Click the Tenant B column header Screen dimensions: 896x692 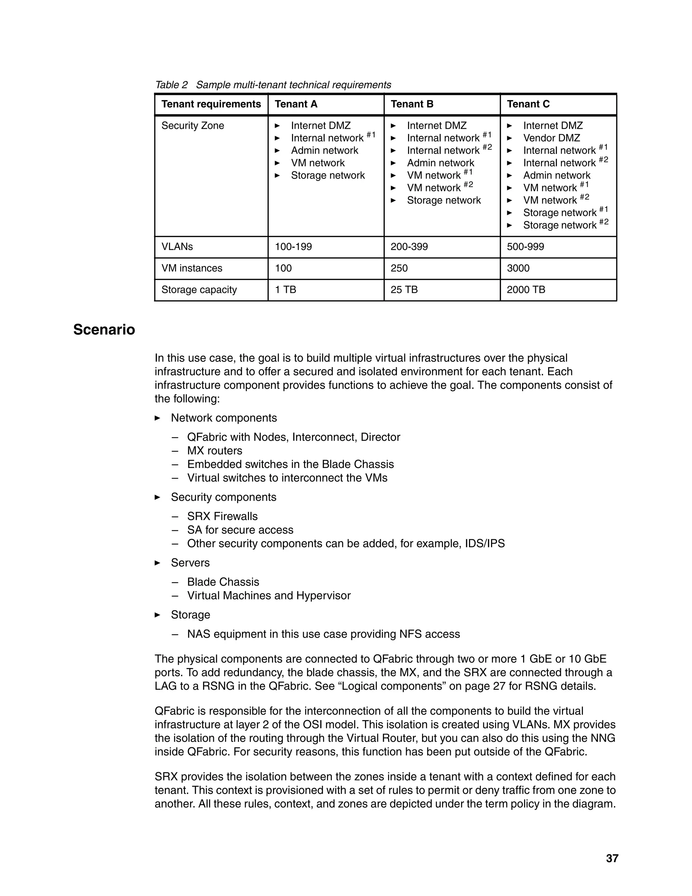412,104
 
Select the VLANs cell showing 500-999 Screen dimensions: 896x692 525,246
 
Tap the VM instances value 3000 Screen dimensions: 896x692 518,268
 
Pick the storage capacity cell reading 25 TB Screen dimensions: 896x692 404,290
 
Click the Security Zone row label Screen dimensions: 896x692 193,125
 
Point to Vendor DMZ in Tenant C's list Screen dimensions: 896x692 551,138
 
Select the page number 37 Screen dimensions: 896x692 612,858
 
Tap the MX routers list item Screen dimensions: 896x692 215,451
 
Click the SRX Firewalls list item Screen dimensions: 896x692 222,517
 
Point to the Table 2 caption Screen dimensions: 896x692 273,85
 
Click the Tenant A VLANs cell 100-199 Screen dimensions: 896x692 293,246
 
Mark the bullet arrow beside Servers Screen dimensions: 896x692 157,563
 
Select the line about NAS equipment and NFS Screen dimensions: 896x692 323,634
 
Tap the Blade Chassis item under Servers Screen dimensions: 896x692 223,582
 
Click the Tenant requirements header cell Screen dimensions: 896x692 211,104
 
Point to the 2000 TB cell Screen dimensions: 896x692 525,290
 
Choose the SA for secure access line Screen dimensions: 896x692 240,530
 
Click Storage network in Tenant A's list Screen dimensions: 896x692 327,175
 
